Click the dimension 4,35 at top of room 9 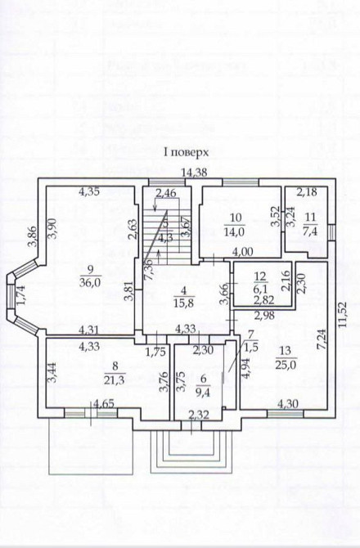click(x=90, y=192)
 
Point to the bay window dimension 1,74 click(x=20, y=303)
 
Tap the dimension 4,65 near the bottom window click(x=103, y=404)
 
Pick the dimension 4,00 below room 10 click(x=241, y=251)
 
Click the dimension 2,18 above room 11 click(x=307, y=192)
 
